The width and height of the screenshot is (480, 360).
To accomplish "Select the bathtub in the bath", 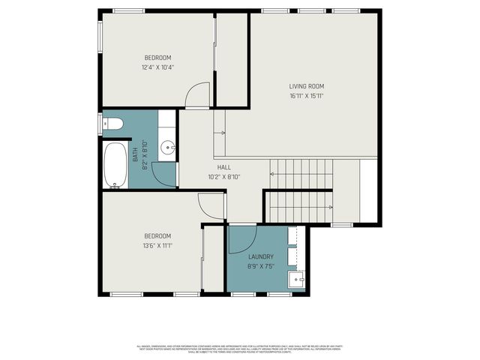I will coord(115,164).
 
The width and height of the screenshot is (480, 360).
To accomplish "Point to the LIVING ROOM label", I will coord(307,85).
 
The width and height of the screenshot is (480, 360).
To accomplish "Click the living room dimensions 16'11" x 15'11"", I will coord(307,96).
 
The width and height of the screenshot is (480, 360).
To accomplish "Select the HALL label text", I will coord(223,167).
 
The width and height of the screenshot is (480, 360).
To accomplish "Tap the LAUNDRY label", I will coord(261,256).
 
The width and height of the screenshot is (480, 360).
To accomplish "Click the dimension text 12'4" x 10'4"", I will coord(157,67).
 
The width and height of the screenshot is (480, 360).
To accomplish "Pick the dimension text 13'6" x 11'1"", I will coord(157,245).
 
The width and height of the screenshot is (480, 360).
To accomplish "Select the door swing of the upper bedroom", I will coord(196,94).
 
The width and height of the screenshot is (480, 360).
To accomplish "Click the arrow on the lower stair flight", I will coord(328,207).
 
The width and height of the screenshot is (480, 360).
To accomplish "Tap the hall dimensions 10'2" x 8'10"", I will coord(223,177).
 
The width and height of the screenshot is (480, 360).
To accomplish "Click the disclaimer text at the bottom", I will coord(240,349).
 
